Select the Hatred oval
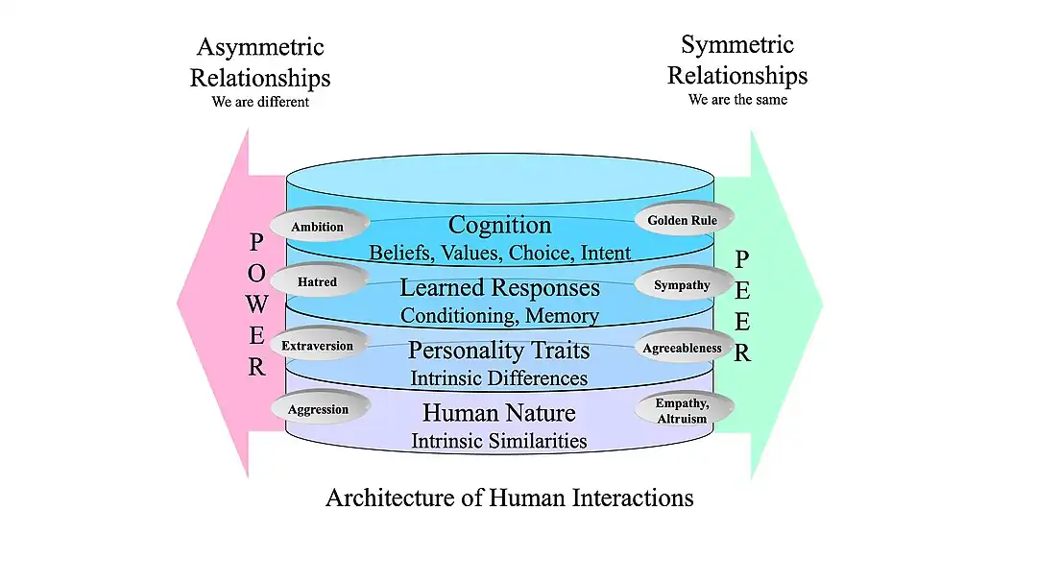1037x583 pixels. [x=318, y=282]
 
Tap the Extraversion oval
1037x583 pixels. [x=318, y=345]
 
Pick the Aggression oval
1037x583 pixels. [x=318, y=408]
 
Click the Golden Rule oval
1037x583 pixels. [x=683, y=220]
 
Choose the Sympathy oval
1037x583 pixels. [x=683, y=285]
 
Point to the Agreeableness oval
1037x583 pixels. [x=683, y=348]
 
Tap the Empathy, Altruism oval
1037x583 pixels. [x=682, y=410]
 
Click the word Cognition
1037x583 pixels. [x=500, y=225]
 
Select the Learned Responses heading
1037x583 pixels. [x=500, y=287]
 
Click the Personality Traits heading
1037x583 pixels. [x=499, y=350]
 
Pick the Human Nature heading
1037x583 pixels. [x=499, y=413]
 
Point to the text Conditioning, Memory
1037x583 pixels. [x=499, y=315]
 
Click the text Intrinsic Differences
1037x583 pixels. [x=499, y=377]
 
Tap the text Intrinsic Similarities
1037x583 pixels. [x=499, y=441]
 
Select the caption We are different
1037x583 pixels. [x=260, y=102]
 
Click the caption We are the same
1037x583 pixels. [x=737, y=100]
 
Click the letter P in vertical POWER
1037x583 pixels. [x=257, y=243]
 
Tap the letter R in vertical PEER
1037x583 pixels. [x=742, y=352]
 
